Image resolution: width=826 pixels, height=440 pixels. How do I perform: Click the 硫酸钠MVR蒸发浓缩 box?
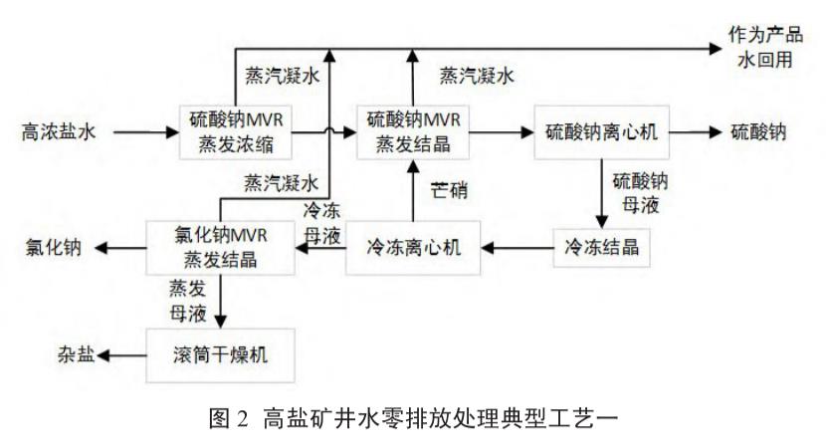coord(240,131)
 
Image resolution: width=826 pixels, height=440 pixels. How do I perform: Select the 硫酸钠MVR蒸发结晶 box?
coord(412,131)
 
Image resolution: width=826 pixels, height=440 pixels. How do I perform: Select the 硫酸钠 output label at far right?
coord(759,131)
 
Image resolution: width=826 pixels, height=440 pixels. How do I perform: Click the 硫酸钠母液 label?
coord(642,190)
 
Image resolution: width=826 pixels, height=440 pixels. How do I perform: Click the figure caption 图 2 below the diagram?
coord(412,418)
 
